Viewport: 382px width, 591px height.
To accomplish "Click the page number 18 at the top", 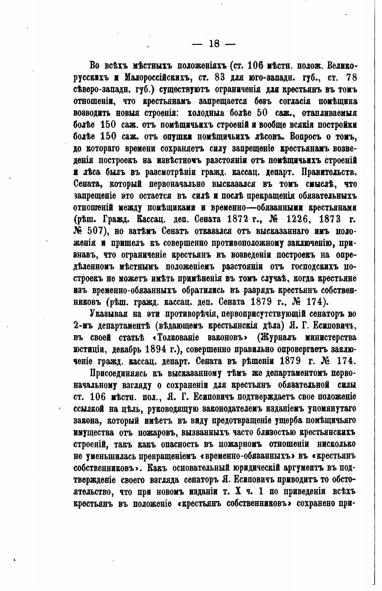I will [x=214, y=44].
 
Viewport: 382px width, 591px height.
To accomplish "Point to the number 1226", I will [x=300, y=219].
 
